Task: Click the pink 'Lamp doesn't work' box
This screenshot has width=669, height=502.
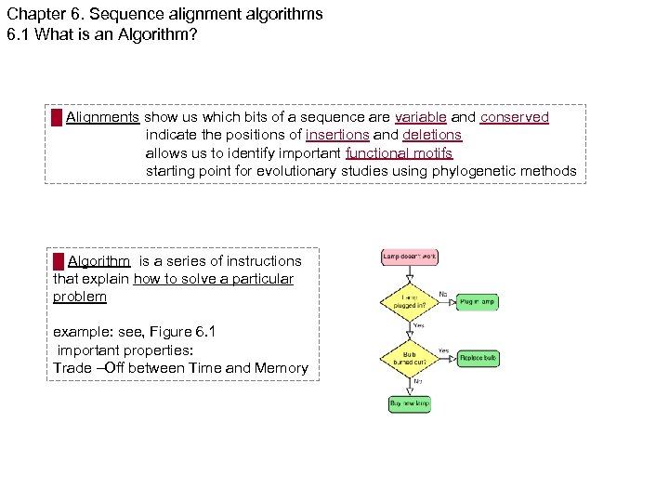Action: (x=410, y=256)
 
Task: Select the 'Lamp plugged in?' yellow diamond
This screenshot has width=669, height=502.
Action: (x=409, y=301)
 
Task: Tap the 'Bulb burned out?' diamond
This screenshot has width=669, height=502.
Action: (x=409, y=357)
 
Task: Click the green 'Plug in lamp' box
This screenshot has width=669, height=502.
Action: (x=477, y=301)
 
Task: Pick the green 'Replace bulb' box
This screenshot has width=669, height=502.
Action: (x=479, y=357)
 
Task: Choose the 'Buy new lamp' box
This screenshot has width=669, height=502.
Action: (x=409, y=403)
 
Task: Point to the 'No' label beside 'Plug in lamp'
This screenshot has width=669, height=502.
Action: (x=443, y=295)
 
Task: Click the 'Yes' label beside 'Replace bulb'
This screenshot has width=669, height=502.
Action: (x=443, y=350)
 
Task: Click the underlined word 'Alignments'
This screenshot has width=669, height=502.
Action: (x=102, y=117)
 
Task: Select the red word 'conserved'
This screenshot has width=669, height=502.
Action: (x=514, y=117)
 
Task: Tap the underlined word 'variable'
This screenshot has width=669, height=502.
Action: (x=420, y=117)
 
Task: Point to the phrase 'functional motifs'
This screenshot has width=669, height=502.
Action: (x=399, y=152)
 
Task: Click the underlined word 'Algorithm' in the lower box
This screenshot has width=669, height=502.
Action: (x=98, y=261)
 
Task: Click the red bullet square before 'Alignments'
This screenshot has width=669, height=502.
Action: (x=57, y=117)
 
